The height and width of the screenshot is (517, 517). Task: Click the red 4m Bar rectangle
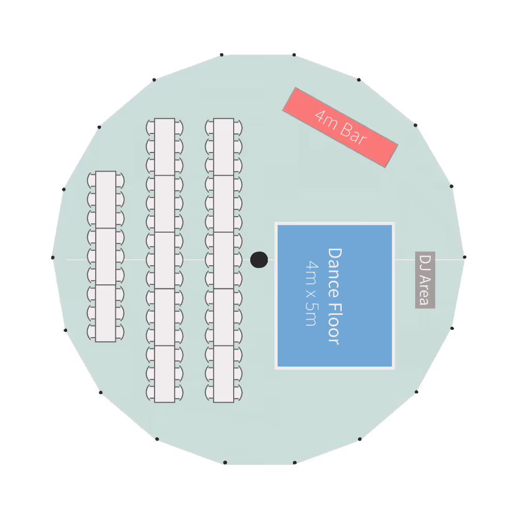(x=340, y=127)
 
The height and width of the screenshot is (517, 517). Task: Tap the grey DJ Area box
(x=425, y=280)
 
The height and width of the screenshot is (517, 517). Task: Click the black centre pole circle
(x=259, y=260)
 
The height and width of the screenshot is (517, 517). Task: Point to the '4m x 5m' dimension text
(x=311, y=293)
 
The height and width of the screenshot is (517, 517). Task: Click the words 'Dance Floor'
(x=334, y=296)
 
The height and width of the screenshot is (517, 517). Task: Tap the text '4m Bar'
(x=340, y=127)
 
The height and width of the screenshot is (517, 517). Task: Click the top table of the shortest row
(x=105, y=200)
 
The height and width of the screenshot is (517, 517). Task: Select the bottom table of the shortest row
(x=105, y=313)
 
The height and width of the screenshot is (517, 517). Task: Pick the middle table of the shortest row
(x=105, y=256)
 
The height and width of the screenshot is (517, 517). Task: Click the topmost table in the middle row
(x=164, y=147)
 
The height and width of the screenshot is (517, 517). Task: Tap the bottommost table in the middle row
(x=164, y=374)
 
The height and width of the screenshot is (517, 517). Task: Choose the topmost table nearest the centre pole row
(x=223, y=147)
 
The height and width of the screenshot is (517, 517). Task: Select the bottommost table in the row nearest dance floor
(x=223, y=374)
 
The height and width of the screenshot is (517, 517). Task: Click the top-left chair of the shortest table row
(x=92, y=180)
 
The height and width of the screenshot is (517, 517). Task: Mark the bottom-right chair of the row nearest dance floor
(x=238, y=392)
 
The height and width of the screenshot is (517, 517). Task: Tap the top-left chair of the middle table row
(x=150, y=127)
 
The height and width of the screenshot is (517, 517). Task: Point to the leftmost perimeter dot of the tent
(x=53, y=257)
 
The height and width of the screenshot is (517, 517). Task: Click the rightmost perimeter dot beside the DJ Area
(x=464, y=257)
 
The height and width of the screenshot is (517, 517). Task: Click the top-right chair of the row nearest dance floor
(x=238, y=127)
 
